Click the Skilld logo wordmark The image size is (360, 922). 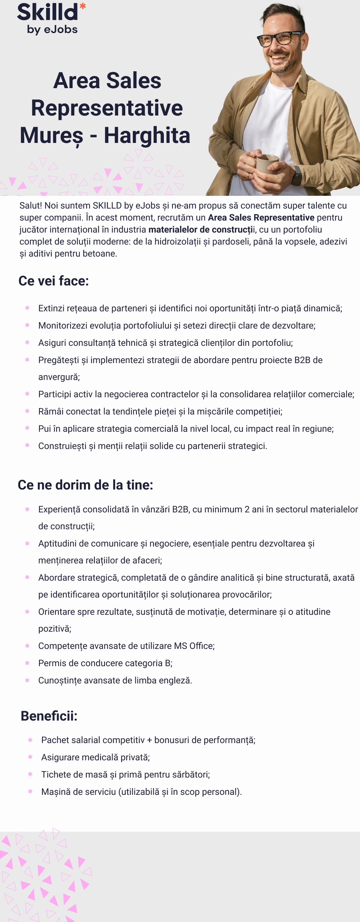click(47, 12)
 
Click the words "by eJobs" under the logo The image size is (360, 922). click(52, 30)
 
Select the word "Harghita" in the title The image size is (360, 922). click(147, 135)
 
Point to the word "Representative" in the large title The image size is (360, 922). click(107, 108)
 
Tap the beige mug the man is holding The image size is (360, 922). click(267, 163)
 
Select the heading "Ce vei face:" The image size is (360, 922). click(54, 281)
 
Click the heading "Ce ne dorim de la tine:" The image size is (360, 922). click(85, 485)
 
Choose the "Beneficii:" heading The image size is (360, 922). click(49, 716)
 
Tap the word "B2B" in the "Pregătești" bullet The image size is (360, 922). click(302, 360)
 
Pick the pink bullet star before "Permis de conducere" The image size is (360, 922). click(27, 663)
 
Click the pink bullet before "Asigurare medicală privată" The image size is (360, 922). click(30, 757)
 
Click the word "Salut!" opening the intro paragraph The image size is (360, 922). click(31, 206)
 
